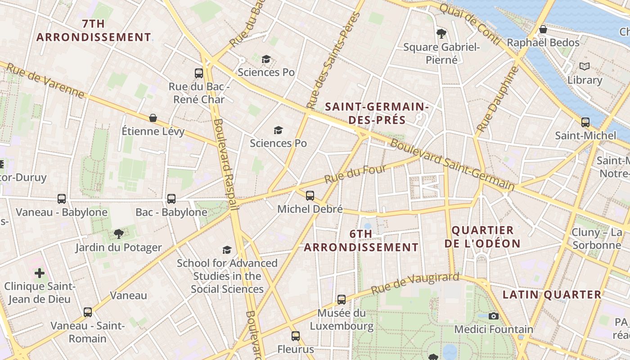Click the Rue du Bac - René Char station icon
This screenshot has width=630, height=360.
199,73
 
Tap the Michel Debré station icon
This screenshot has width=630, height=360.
310,196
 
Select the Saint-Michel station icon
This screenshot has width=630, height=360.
585,122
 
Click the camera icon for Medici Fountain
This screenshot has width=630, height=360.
494,316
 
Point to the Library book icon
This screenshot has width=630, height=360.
585,67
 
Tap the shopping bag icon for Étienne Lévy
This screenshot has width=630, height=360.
153,118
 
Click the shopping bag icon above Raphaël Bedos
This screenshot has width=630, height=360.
543,29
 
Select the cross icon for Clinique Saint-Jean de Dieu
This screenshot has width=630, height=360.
40,273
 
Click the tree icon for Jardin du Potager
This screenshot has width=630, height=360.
119,234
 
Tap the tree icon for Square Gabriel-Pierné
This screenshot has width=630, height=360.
441,33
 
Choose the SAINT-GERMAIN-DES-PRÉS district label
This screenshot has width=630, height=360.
377,113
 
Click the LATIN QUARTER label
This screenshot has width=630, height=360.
552,295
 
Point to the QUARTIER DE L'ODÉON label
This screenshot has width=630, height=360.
482,237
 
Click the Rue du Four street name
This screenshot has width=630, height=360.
355,173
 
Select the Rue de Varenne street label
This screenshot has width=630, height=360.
45,80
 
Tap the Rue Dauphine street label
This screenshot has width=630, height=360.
497,100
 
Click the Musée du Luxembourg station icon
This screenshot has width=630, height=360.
342,299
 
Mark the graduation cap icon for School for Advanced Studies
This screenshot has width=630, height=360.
227,250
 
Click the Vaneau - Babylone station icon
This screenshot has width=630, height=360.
62,198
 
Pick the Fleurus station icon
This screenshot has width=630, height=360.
296,336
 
